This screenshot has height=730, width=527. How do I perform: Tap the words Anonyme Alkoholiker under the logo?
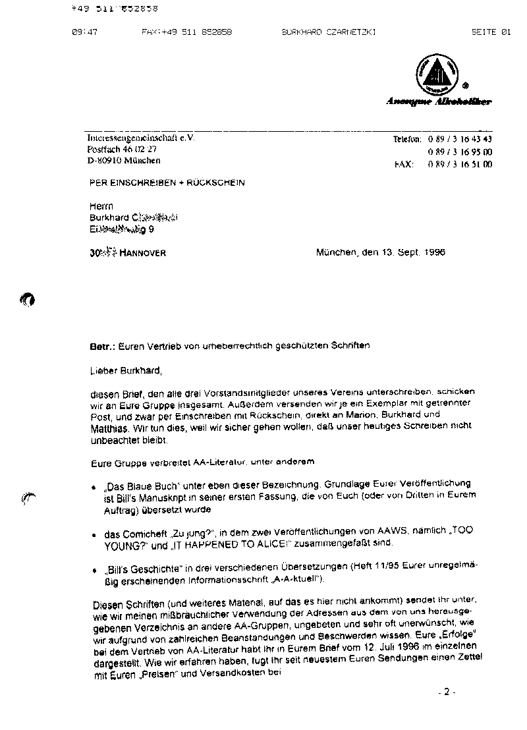coord(438,101)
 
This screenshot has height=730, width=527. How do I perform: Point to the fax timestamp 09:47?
coord(84,32)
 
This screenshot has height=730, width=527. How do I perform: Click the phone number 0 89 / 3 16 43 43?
coord(459,140)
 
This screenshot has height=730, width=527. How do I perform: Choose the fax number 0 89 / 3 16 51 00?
coord(459,165)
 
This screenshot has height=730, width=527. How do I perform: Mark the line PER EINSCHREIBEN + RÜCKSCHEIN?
coord(167,182)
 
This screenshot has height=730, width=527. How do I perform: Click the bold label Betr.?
coord(102,345)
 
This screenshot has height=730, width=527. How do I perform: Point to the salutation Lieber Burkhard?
coord(125,370)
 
